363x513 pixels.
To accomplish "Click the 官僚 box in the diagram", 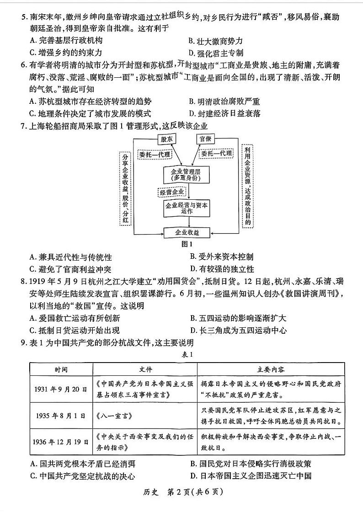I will point(204,139).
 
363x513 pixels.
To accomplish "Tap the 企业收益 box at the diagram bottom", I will point(187,232).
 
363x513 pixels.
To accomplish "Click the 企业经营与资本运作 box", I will point(187,208).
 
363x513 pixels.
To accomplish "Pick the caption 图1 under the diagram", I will point(187,244).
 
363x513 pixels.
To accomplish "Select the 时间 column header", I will point(61,369).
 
